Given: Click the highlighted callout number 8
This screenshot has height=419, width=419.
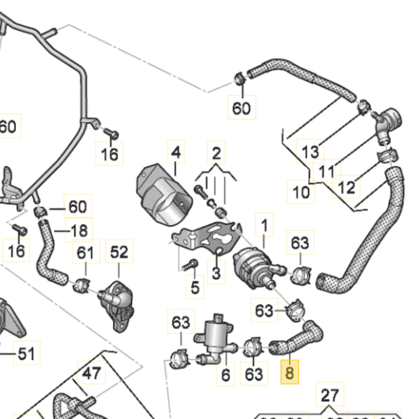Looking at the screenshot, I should coord(289,371).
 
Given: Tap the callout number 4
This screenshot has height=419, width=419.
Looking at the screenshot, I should coord(176,153).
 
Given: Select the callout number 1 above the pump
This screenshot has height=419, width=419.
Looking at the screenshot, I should coord(265,224).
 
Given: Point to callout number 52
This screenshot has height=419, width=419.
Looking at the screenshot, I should coord(119,252).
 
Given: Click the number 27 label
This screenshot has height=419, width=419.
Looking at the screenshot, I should coord(329,396).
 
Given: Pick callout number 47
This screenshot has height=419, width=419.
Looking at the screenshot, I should coord(91,374).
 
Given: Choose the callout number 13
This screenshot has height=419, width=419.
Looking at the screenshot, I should coord(311,152).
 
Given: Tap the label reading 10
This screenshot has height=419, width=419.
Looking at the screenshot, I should coord(301,192).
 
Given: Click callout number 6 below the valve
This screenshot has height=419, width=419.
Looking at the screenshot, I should coord(226,375).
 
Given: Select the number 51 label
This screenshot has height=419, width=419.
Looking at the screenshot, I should coord(26,353).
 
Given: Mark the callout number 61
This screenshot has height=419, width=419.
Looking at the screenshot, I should coord(85,252).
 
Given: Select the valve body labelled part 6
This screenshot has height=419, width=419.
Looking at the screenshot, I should coord(216,336).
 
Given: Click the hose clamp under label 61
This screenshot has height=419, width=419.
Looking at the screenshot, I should coord(81,285).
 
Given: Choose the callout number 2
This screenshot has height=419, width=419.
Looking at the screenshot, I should coord(216,154).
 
